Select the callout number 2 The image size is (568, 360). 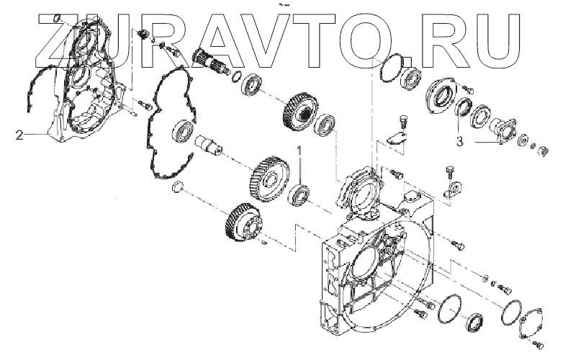(x=20, y=133)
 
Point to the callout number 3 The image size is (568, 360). (x=459, y=141)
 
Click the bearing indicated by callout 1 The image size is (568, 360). (x=299, y=194)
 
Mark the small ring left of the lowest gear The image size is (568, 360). (x=180, y=189)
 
